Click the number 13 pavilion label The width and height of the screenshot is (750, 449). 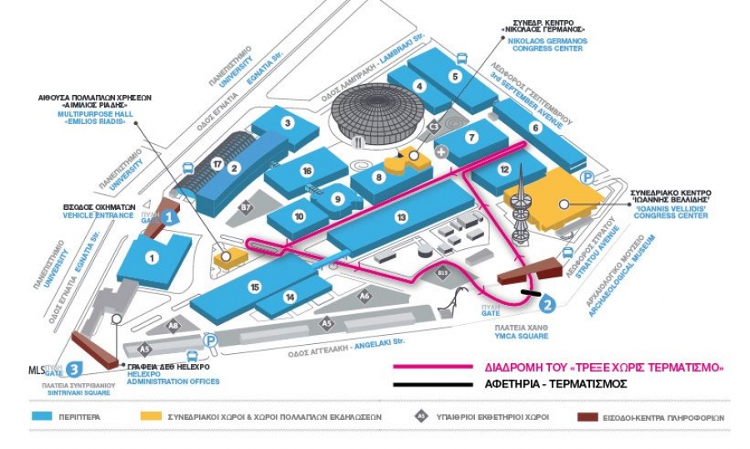(x=402, y=217)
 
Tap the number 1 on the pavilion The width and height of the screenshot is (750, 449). (x=152, y=257)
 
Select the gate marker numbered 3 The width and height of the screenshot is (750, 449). (x=74, y=367)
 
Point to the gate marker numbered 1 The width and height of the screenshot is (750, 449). (x=169, y=217)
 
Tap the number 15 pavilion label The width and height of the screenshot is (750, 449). (x=255, y=287)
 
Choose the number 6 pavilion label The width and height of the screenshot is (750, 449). (x=535, y=127)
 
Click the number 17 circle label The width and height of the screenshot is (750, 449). (x=217, y=164)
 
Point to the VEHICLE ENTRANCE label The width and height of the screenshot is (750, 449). (x=98, y=215)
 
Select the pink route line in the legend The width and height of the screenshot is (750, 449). (x=432, y=367)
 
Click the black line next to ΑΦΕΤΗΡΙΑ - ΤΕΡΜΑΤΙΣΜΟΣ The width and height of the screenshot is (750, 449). (x=432, y=384)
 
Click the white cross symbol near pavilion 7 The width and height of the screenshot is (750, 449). (x=442, y=151)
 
